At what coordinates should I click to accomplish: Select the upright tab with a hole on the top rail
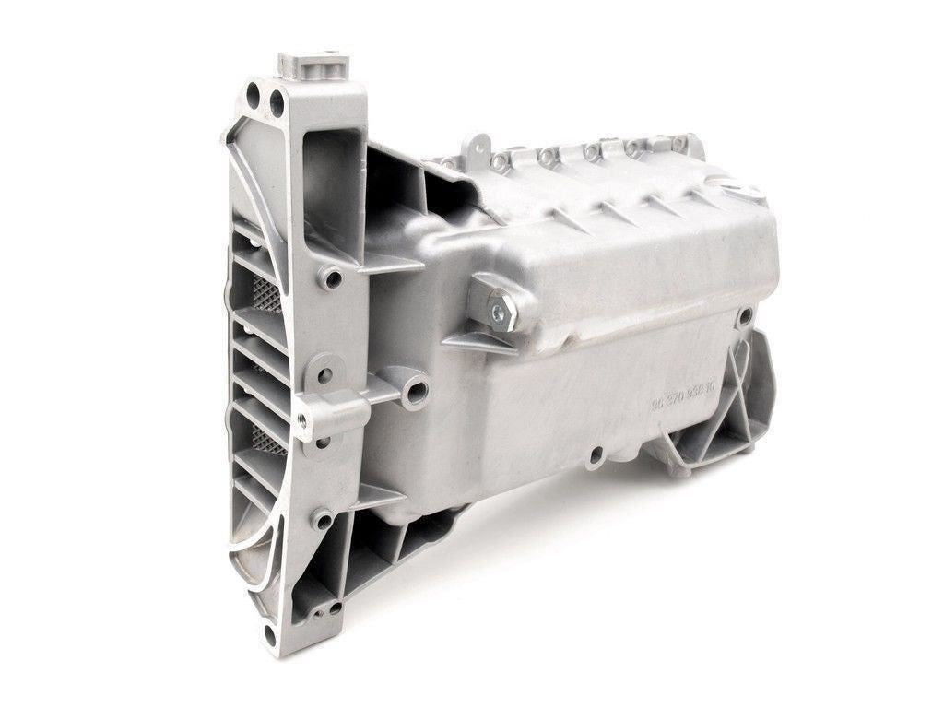coord(475,147)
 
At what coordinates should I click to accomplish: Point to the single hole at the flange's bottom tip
coord(269,634)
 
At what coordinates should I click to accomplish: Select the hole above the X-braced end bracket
coord(744,315)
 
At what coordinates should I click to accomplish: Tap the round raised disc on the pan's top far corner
coord(747,194)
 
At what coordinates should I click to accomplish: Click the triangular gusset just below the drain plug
coord(479,344)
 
